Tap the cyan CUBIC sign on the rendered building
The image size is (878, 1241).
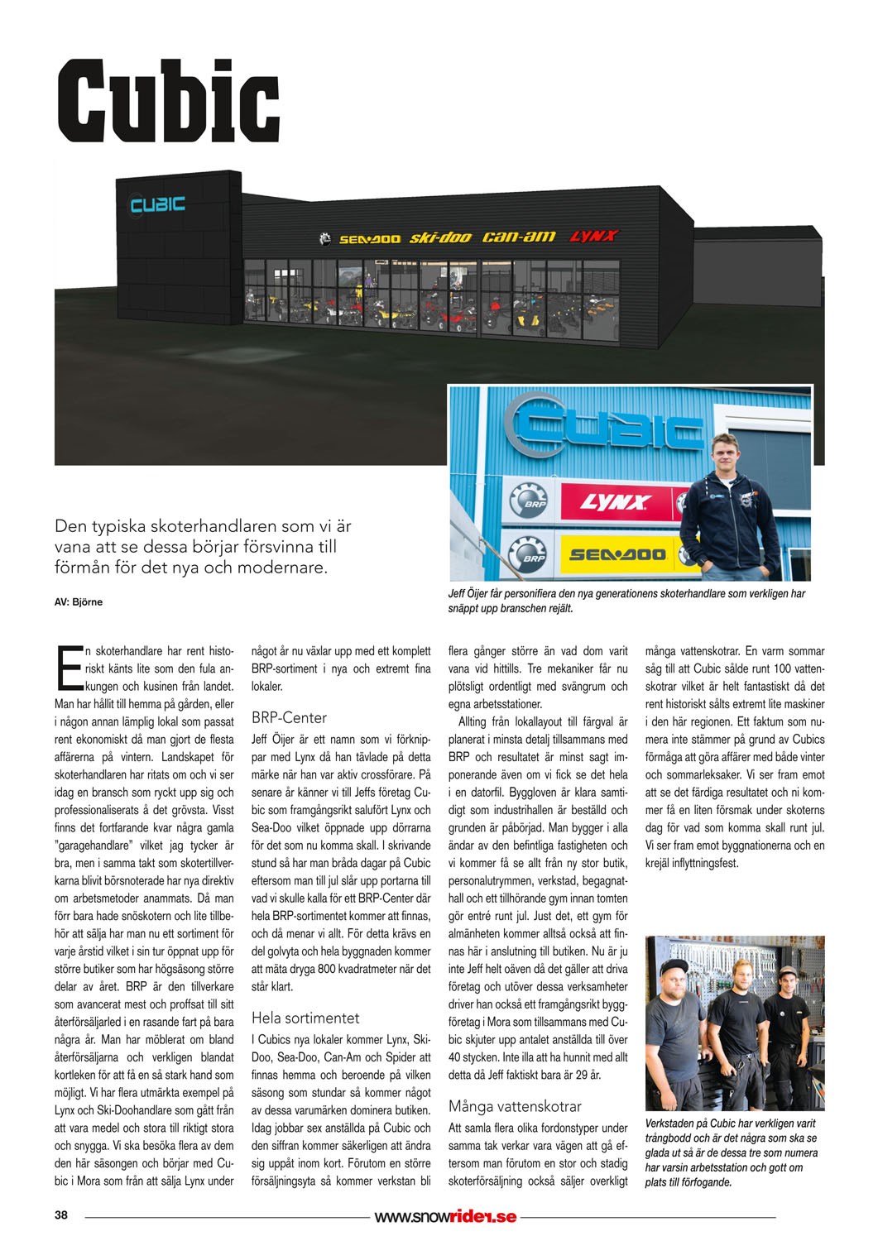pyautogui.click(x=157, y=204)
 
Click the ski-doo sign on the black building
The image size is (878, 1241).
pyautogui.click(x=440, y=238)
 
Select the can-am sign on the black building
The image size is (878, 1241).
pyautogui.click(x=519, y=237)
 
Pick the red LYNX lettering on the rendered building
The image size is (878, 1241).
pyautogui.click(x=593, y=237)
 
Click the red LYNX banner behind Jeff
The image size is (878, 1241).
pyautogui.click(x=616, y=502)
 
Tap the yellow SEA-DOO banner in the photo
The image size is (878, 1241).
pyautogui.click(x=617, y=553)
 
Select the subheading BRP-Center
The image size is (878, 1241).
pyautogui.click(x=289, y=717)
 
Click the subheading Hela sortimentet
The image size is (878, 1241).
pyautogui.click(x=305, y=1018)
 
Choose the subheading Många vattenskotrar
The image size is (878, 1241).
pyautogui.click(x=515, y=1106)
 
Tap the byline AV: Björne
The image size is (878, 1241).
pyautogui.click(x=79, y=602)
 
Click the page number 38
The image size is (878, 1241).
pyautogui.click(x=61, y=1215)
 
